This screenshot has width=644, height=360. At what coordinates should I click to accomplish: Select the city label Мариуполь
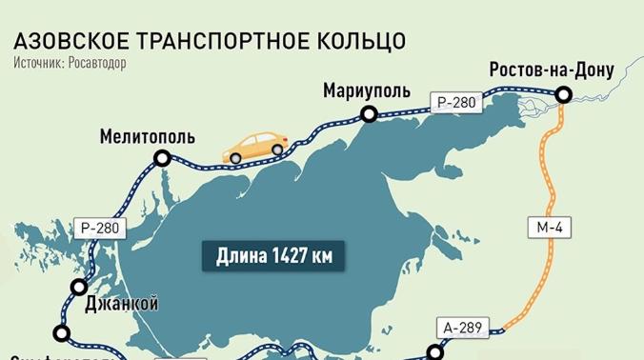pos(367,91)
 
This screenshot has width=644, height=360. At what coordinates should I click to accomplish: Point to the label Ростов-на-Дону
pos(551,70)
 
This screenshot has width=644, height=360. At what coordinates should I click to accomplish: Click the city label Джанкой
pos(121,305)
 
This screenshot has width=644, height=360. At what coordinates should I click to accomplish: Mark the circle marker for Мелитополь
pos(163,159)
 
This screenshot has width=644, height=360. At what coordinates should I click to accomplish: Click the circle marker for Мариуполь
pos(369,114)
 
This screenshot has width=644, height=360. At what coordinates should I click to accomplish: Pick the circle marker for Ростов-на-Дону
pos(563,93)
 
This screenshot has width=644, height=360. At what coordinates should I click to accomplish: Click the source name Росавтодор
pos(96,63)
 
